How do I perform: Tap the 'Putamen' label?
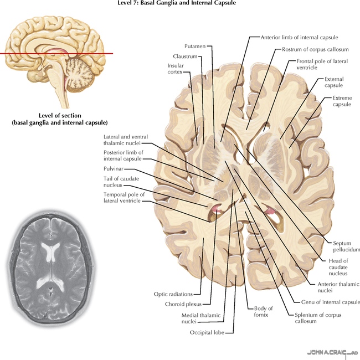pyautogui.click(x=194, y=46)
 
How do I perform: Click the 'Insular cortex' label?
pyautogui.click(x=176, y=69)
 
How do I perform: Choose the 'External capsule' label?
pyautogui.click(x=334, y=82)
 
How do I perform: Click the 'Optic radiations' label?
pyautogui.click(x=173, y=294)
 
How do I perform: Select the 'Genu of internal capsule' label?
pyautogui.click(x=331, y=302)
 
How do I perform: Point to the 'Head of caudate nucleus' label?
pyautogui.click(x=337, y=266)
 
